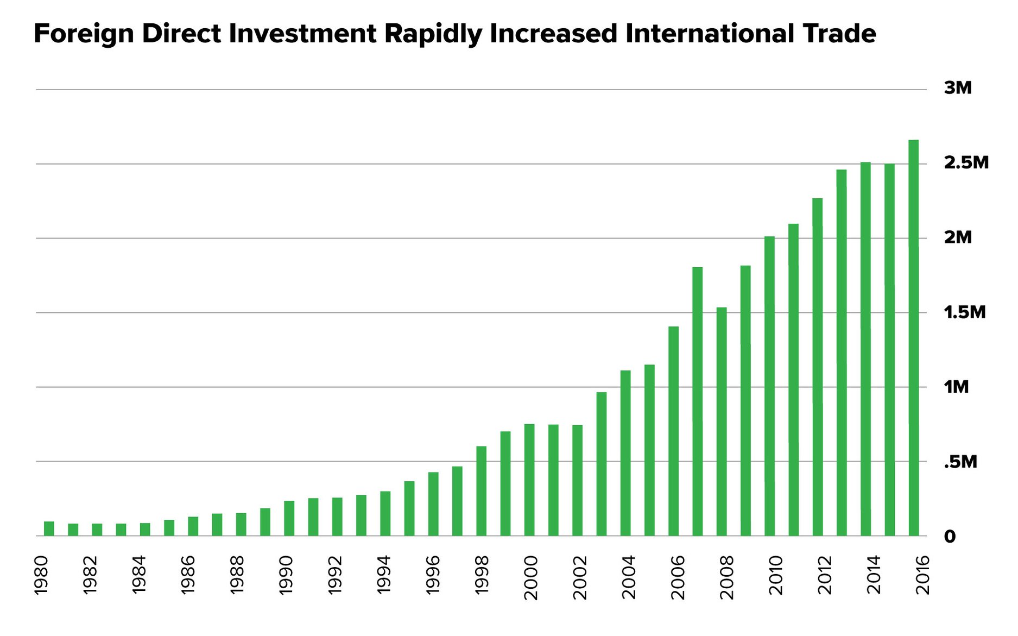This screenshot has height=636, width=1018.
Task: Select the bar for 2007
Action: [x=698, y=401]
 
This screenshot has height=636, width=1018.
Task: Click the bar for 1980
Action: [x=49, y=528]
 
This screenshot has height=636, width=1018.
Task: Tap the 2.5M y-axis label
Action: [x=966, y=162]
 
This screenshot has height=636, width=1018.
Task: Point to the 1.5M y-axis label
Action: [x=964, y=312]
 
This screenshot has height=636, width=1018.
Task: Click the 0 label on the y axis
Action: [x=950, y=537]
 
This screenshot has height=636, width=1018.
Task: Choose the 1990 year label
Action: [x=286, y=575]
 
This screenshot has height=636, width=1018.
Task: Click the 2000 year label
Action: [x=531, y=577]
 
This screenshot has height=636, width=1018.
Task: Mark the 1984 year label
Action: [x=139, y=575]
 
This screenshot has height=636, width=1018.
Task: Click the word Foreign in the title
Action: [x=83, y=34]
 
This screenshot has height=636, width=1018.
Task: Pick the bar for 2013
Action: [x=842, y=352]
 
